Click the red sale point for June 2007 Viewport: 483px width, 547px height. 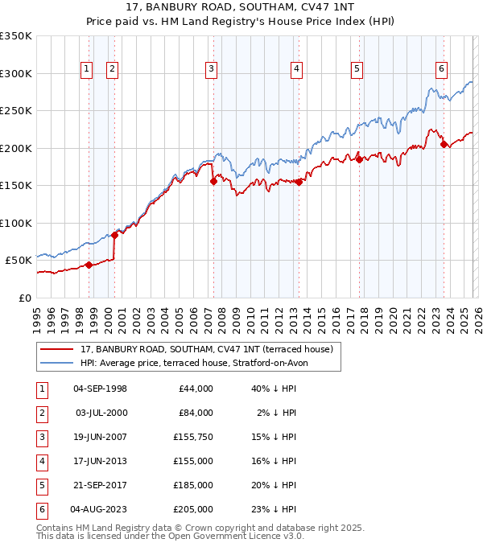213,182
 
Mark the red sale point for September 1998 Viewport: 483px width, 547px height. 89,265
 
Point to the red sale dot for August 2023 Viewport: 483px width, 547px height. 444,145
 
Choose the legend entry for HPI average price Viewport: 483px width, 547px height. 193,363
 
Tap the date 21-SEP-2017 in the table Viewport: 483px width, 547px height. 100,486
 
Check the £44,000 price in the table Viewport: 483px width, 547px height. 196,389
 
